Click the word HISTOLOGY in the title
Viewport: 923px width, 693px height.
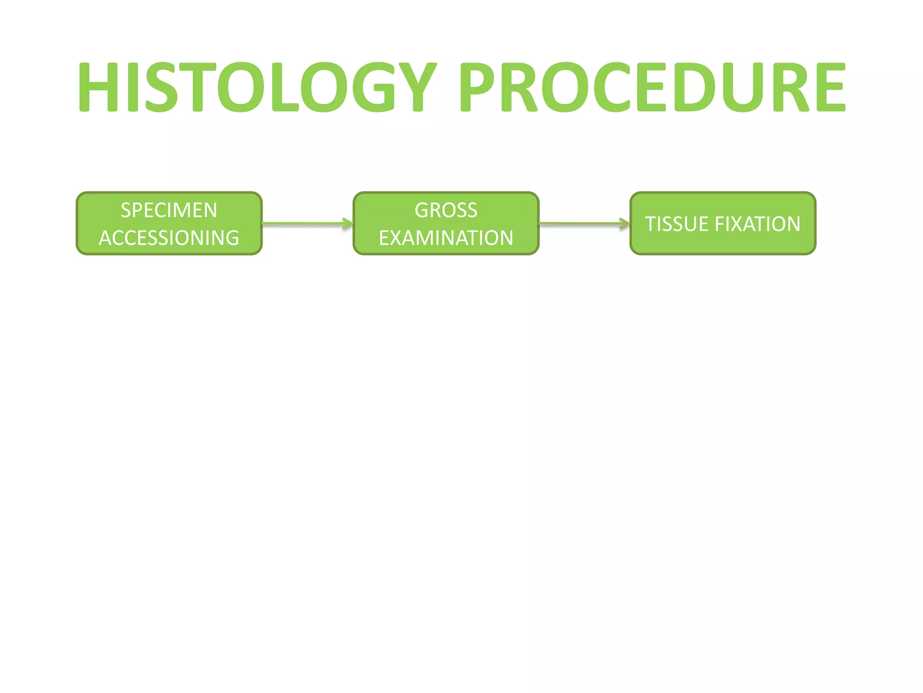(x=257, y=87)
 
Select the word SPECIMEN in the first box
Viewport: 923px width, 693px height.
(x=169, y=210)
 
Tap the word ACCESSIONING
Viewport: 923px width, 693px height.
(x=169, y=238)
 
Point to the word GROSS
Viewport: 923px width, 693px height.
(x=446, y=210)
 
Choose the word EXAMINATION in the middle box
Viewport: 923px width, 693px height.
(x=446, y=238)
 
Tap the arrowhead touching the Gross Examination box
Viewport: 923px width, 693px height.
(x=348, y=223)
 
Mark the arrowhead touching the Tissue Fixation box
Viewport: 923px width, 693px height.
(x=625, y=223)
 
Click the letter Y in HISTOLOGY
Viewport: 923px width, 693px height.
(x=418, y=87)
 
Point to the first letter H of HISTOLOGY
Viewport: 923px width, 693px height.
(x=98, y=87)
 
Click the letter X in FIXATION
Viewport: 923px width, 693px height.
(x=733, y=224)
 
